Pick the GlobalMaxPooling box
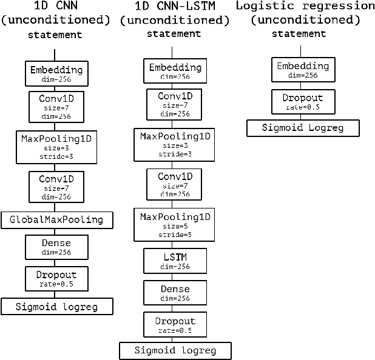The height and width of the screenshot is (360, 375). pyautogui.click(x=57, y=219)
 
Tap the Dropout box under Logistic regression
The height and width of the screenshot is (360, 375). pyautogui.click(x=303, y=101)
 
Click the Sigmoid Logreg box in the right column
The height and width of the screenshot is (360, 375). pyautogui.click(x=303, y=128)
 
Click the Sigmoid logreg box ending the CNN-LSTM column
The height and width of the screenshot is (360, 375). pyautogui.click(x=175, y=350)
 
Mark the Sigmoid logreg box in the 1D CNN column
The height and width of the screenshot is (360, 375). pyautogui.click(x=57, y=306)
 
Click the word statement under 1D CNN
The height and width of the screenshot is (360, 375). pyautogui.click(x=55, y=35)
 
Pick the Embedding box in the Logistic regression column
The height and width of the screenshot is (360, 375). pyautogui.click(x=303, y=70)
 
